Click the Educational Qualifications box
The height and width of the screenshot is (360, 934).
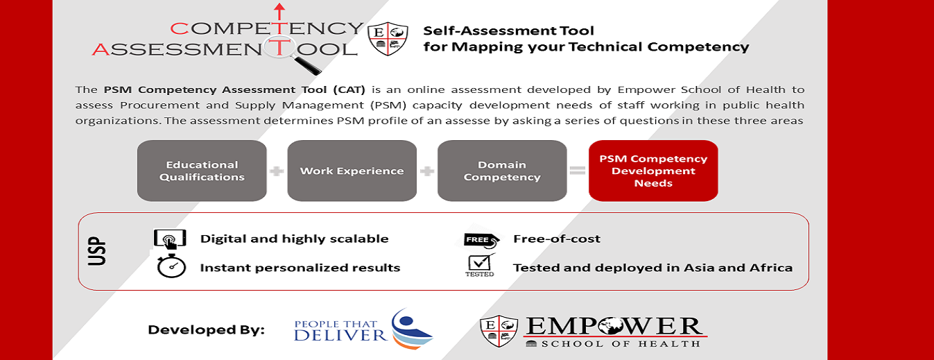202,171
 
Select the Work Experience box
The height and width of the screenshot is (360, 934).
352,171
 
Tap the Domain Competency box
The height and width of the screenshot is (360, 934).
502,171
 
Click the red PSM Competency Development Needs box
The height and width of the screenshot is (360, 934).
653,171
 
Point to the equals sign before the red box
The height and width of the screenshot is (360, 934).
578,171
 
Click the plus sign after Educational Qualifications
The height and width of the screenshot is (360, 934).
277,171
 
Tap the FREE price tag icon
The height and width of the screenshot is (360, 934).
481,240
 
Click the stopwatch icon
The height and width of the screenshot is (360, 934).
171,266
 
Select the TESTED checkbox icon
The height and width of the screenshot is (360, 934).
480,265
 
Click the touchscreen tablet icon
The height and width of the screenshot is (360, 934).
170,239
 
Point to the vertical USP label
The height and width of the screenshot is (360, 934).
97,251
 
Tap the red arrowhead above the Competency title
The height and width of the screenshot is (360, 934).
279,7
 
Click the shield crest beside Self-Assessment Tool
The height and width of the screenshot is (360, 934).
388,39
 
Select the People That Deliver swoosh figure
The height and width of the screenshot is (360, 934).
410,328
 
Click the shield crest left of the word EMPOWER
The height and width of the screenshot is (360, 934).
499,332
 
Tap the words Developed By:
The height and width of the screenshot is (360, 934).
207,330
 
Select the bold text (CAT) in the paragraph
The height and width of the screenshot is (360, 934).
349,89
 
